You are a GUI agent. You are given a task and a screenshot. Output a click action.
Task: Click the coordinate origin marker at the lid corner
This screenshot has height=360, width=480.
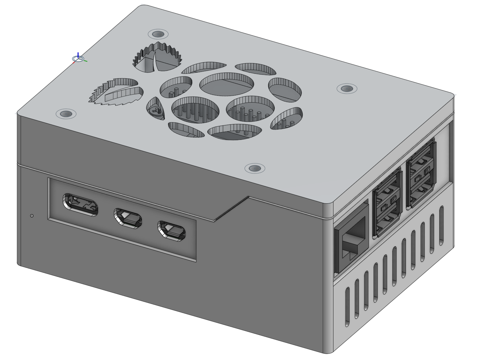click(78, 59)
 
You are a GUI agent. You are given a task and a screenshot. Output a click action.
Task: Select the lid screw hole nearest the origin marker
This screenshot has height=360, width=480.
click(158, 34)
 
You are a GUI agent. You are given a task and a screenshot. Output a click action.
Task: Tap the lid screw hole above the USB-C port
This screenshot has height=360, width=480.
click(66, 114)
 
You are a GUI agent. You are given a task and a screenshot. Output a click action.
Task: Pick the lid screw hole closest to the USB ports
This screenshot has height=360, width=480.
click(347, 88)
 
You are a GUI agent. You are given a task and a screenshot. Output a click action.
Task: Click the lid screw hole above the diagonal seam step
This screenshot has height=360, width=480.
click(255, 168)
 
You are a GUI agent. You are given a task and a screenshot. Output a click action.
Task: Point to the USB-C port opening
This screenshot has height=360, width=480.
click(81, 205)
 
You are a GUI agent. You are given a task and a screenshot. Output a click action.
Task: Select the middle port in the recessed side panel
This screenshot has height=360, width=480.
click(128, 218)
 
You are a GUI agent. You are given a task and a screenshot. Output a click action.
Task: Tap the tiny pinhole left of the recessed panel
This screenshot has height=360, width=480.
click(32, 215)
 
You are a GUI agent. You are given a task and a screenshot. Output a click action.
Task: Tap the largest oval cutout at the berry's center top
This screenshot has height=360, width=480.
click(226, 84)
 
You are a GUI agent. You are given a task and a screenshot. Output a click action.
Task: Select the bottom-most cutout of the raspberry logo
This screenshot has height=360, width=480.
click(234, 132)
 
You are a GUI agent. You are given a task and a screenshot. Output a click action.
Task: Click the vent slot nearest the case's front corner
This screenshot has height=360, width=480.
click(347, 306)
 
